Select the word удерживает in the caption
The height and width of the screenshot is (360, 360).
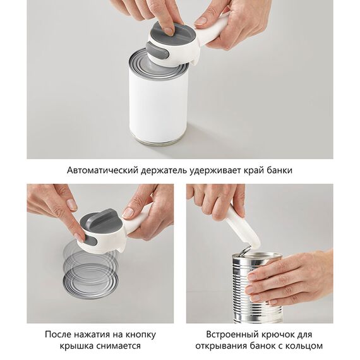[x=224, y=171]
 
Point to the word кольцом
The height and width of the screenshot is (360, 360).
[x=304, y=346]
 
